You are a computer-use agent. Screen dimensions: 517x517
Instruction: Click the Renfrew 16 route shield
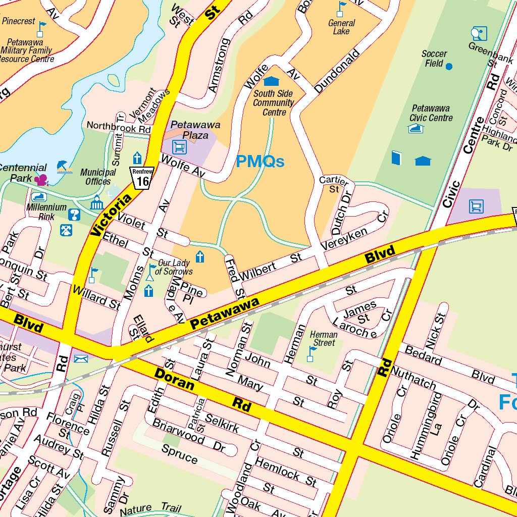[x=141, y=177]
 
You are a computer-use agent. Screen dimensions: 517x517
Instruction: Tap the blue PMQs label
[x=260, y=162]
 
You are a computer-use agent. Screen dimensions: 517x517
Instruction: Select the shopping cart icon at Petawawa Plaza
[x=179, y=147]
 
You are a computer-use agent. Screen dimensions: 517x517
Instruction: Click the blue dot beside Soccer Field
[x=449, y=66]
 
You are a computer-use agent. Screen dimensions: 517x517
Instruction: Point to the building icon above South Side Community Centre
[x=271, y=81]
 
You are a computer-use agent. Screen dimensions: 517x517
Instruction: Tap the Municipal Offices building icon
[x=96, y=203]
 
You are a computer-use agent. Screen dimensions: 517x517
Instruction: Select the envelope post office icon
[x=81, y=358]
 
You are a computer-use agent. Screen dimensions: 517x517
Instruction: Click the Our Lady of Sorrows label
[x=174, y=267]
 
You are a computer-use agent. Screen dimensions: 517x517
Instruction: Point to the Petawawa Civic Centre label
[x=431, y=113]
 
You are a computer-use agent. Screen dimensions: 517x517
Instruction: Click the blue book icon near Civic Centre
[x=396, y=158]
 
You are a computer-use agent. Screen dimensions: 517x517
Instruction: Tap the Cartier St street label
[x=334, y=185]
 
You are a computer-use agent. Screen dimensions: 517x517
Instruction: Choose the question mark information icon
[x=74, y=215]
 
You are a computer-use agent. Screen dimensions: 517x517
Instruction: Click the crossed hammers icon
[x=66, y=230]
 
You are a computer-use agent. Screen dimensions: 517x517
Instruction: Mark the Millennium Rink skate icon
[x=39, y=197]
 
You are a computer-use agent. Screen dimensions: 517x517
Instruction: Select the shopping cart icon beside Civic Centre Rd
[x=476, y=206]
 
